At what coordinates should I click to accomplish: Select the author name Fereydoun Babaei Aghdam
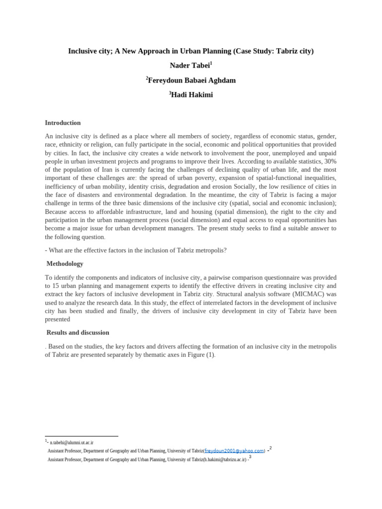tap(191, 80)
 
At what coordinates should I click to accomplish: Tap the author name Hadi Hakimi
tap(191, 94)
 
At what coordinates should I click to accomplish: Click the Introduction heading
tap(63, 123)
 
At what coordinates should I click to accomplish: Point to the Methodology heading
tap(65, 263)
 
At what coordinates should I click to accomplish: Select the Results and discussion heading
tap(78, 333)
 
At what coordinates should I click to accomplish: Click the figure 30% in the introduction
tap(330, 162)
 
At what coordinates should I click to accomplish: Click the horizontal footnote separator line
tap(82, 436)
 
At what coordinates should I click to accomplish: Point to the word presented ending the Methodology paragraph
tap(57, 320)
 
